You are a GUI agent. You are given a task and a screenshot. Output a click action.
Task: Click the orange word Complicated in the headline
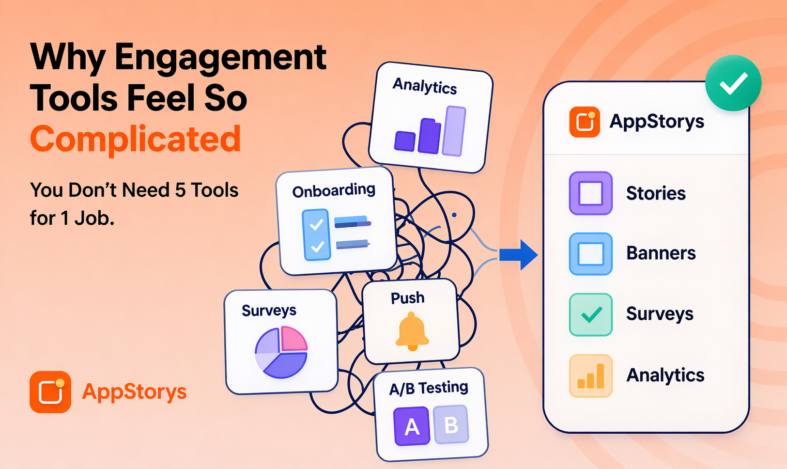click(x=135, y=139)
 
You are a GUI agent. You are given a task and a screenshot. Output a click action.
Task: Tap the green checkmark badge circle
click(x=733, y=83)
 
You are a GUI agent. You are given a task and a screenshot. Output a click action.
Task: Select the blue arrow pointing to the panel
click(x=519, y=254)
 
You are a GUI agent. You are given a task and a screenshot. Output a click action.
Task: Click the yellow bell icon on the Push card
click(x=412, y=331)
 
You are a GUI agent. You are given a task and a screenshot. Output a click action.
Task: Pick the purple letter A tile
click(x=412, y=426)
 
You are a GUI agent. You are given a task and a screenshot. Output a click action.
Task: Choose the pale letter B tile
click(x=451, y=425)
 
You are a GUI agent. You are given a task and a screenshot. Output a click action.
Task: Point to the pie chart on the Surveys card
click(x=281, y=352)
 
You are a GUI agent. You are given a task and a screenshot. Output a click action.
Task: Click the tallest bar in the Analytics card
click(x=454, y=131)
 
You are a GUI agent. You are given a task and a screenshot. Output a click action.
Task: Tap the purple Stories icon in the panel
click(x=590, y=193)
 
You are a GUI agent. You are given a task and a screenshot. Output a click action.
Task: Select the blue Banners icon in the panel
click(x=590, y=254)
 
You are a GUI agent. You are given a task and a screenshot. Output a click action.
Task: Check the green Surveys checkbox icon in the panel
click(x=590, y=314)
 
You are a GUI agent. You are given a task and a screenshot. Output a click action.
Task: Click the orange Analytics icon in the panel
click(x=590, y=376)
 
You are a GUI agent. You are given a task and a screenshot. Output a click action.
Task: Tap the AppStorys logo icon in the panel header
click(x=585, y=122)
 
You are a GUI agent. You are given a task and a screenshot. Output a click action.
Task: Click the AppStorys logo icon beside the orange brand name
click(x=50, y=392)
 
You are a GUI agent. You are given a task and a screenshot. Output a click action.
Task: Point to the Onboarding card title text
click(x=334, y=190)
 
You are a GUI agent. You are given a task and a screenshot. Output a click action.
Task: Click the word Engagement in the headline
click(x=220, y=58)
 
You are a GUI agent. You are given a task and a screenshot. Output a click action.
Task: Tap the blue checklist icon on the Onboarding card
click(x=316, y=234)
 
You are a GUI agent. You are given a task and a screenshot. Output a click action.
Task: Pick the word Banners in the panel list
click(x=661, y=253)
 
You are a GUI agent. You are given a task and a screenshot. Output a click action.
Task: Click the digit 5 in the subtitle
click(x=180, y=190)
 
